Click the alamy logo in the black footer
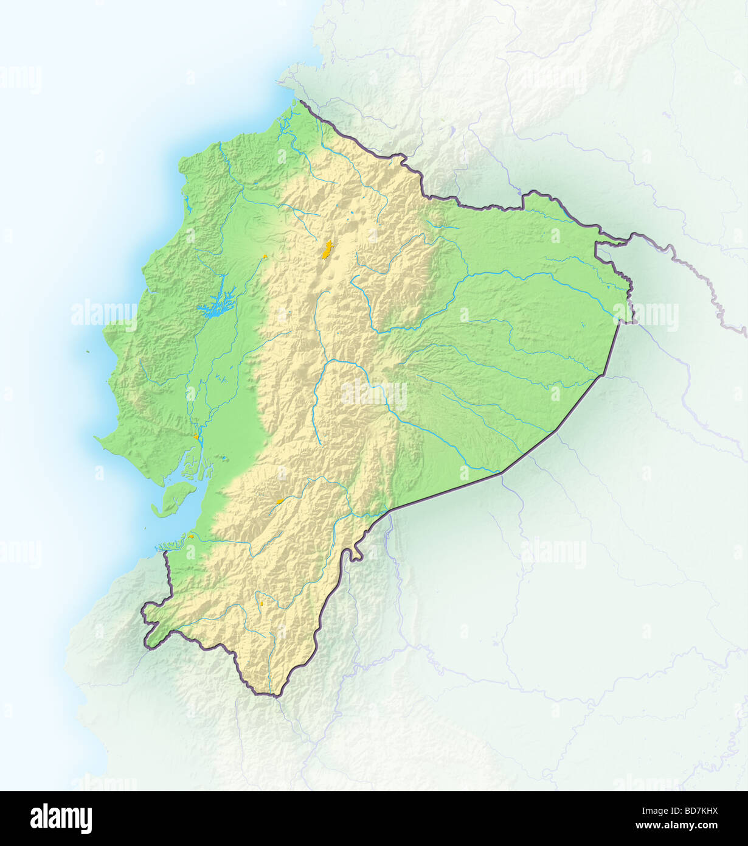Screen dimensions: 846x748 click(61, 819)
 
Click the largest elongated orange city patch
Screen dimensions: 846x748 click(327, 250)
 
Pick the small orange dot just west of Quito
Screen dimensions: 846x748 click(265, 257)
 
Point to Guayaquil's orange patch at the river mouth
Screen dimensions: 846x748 click(196, 436)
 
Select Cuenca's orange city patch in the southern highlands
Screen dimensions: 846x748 click(280, 501)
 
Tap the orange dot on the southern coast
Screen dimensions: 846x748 click(191, 536)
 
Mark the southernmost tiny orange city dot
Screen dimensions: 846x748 click(261, 604)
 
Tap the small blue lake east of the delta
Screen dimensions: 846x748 click(225, 458)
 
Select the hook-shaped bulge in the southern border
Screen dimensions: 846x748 click(353, 554)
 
